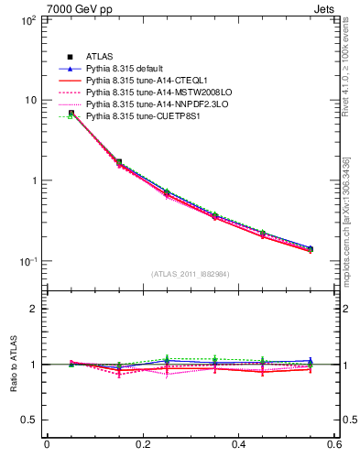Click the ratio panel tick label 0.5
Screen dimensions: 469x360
click(29, 420)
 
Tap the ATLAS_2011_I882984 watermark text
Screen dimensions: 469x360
click(191, 273)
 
